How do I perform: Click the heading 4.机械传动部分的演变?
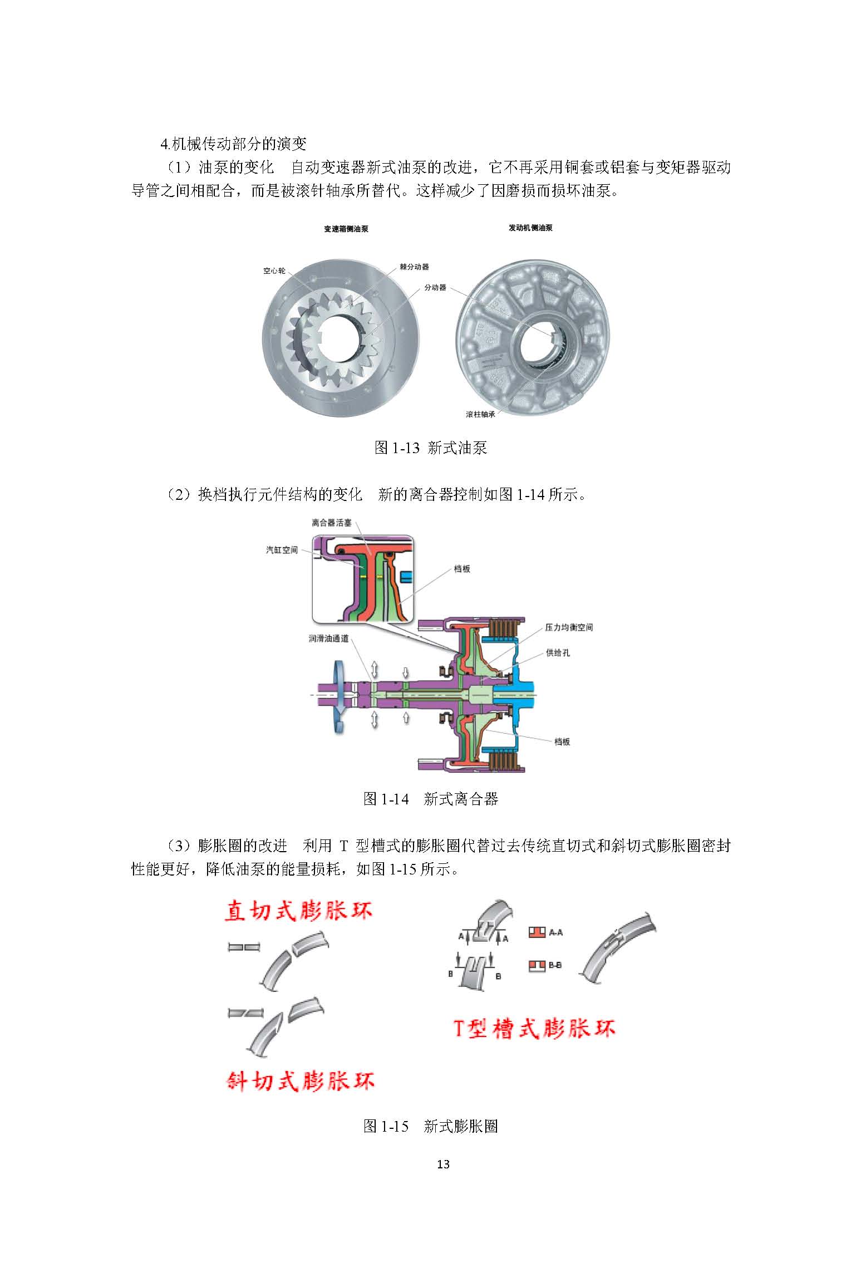(x=233, y=144)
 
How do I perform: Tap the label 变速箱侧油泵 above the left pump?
(x=346, y=229)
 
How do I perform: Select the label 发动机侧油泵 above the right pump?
(x=530, y=228)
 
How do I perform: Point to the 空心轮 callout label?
(x=274, y=271)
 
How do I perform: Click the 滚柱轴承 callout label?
(x=480, y=415)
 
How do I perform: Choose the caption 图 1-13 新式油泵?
(x=431, y=448)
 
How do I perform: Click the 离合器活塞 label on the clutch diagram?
(x=332, y=523)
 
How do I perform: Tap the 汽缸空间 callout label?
(x=282, y=550)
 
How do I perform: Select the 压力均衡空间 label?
(x=569, y=627)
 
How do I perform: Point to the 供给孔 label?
(x=558, y=652)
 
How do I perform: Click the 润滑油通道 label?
(x=329, y=638)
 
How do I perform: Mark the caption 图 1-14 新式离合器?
(x=430, y=799)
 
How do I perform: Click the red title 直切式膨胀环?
(x=298, y=911)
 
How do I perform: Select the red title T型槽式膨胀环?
(x=533, y=1028)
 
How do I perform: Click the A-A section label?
(x=555, y=932)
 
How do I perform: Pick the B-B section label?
(x=555, y=965)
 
